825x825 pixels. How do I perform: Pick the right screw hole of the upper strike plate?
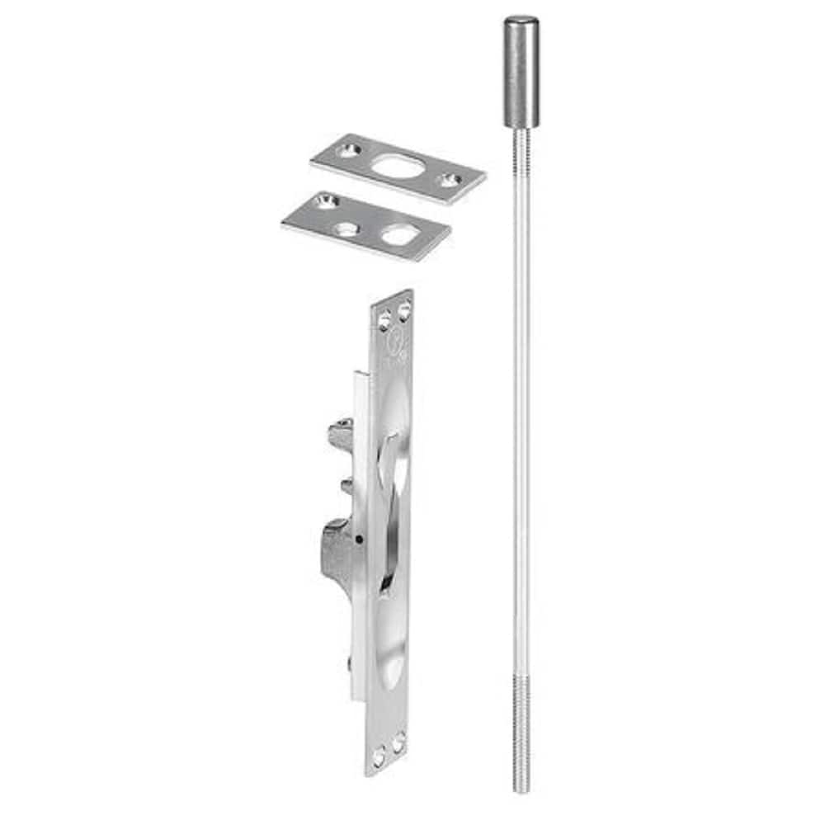(x=450, y=179)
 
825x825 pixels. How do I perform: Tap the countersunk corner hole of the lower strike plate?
(x=326, y=200)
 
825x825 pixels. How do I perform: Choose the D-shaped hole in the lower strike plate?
(x=399, y=236)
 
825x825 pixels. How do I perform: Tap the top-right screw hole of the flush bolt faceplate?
(x=403, y=310)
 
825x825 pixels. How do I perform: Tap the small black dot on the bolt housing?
(x=360, y=541)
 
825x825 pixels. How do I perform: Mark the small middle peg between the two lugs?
(x=346, y=487)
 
